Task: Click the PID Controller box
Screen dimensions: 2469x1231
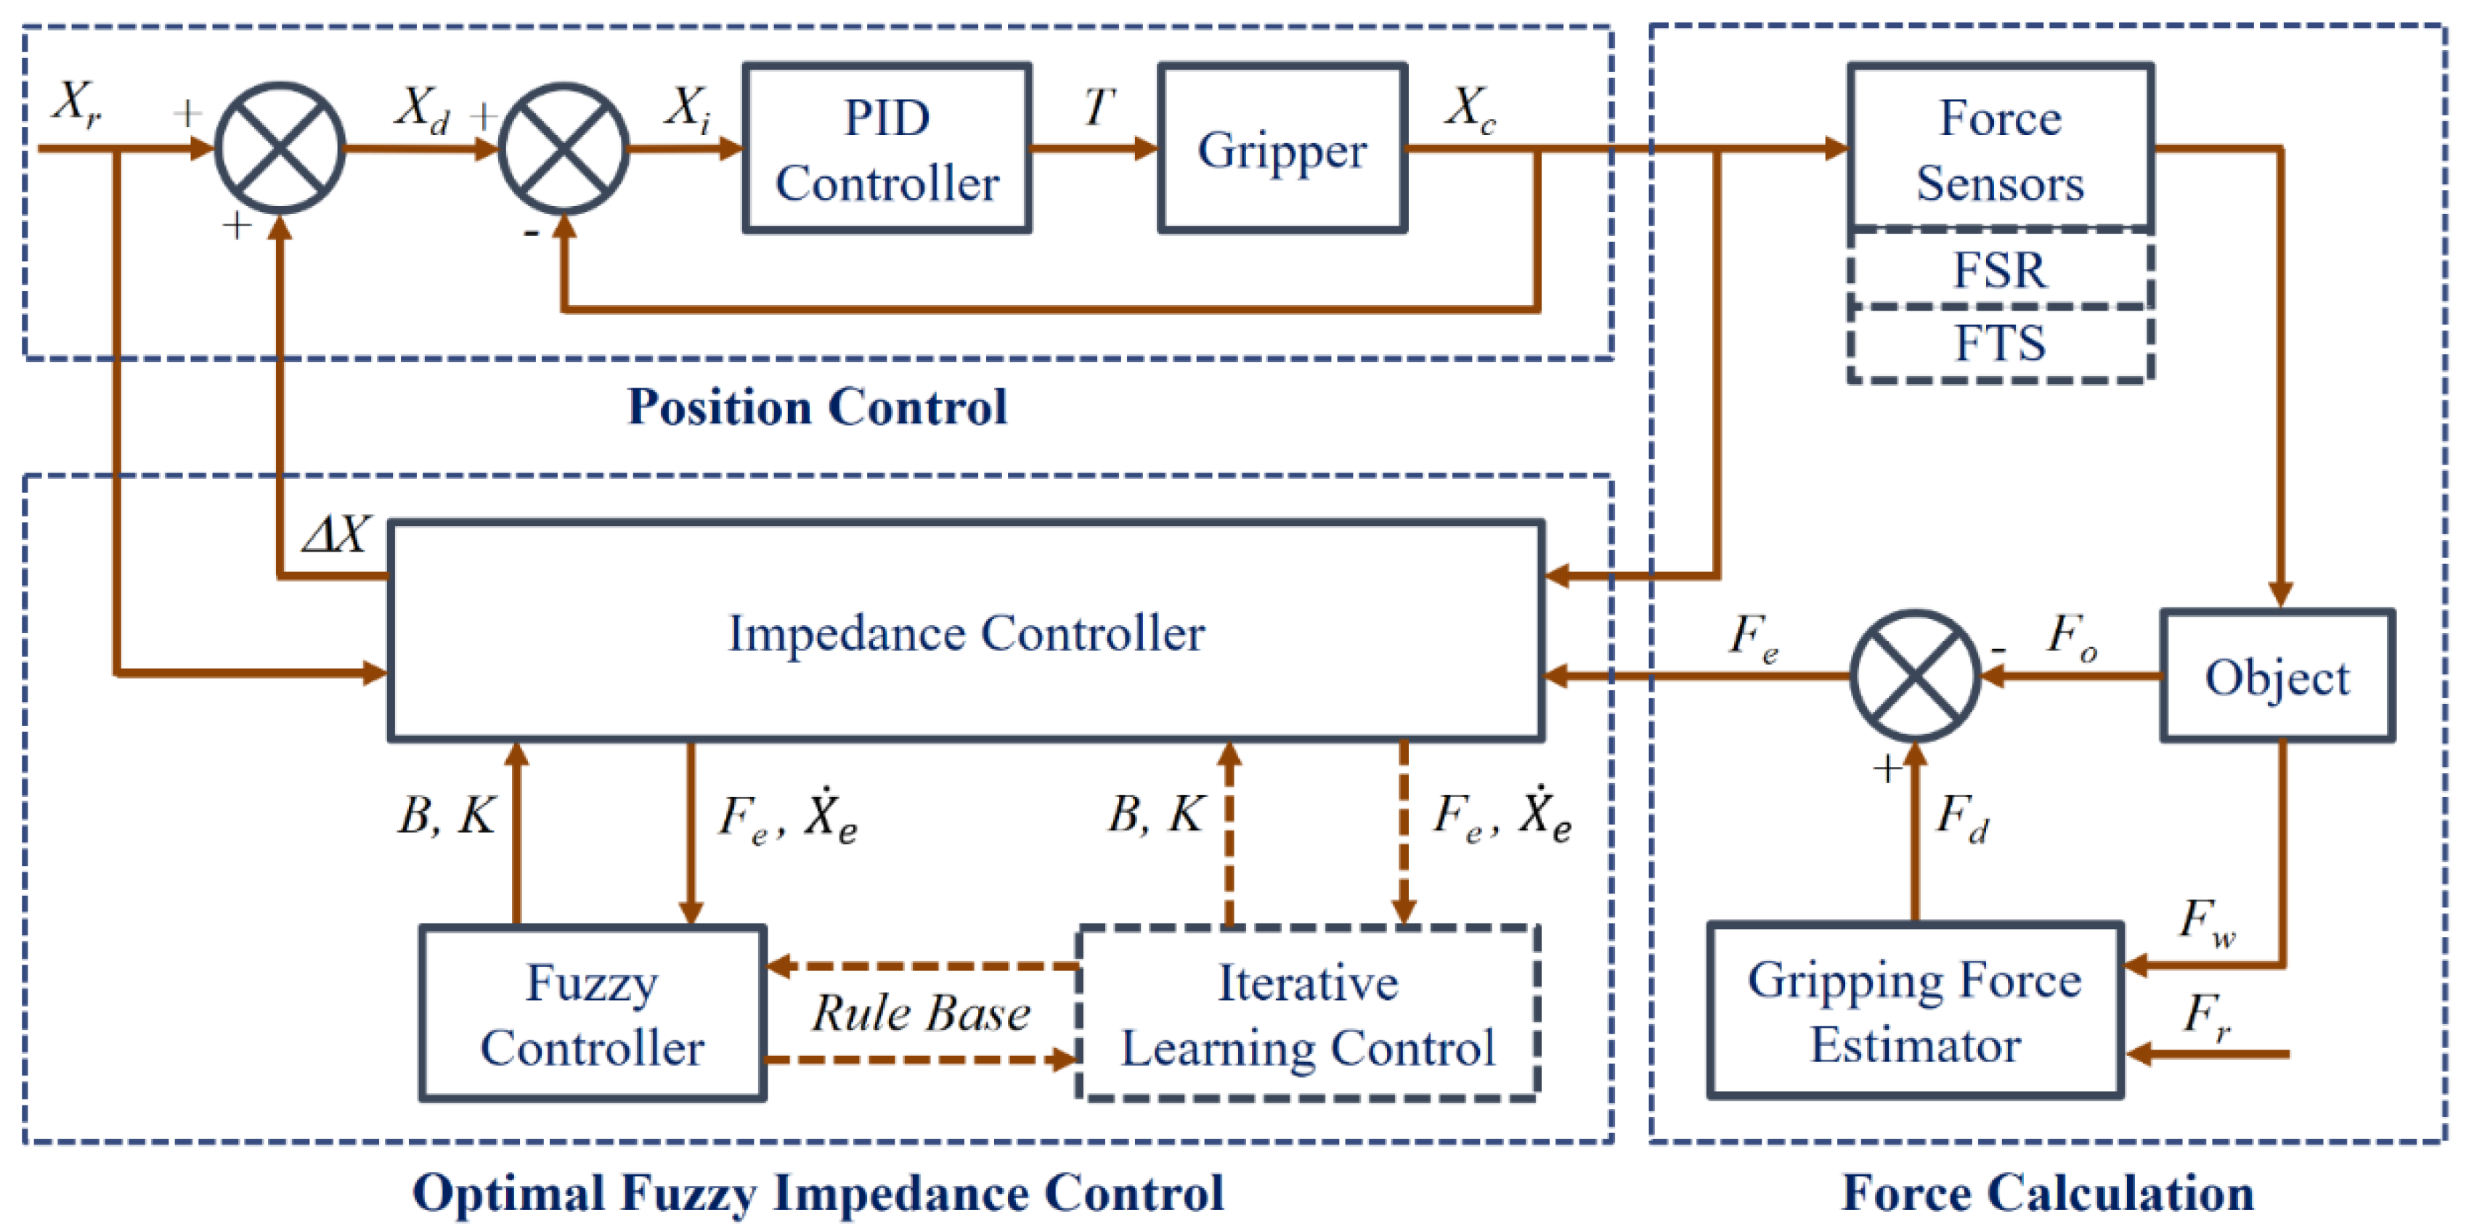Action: tap(887, 149)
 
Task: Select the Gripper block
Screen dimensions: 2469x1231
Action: tap(1282, 149)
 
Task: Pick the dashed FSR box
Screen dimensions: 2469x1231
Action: tap(2001, 269)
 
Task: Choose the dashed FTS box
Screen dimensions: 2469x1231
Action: tap(2001, 344)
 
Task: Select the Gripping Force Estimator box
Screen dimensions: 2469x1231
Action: tap(1915, 1010)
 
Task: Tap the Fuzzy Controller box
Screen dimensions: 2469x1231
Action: tap(593, 1013)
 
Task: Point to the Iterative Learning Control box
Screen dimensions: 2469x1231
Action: tap(1309, 1013)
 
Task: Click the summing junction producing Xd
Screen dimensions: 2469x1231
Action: tap(280, 149)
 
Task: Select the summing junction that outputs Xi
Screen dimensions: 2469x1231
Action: tap(564, 149)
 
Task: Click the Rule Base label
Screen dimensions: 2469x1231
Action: tap(921, 1013)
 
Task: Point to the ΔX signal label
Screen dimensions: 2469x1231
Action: tap(335, 534)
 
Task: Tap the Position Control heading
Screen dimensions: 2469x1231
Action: tap(817, 406)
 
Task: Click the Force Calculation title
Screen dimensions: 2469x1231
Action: tap(2047, 1193)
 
